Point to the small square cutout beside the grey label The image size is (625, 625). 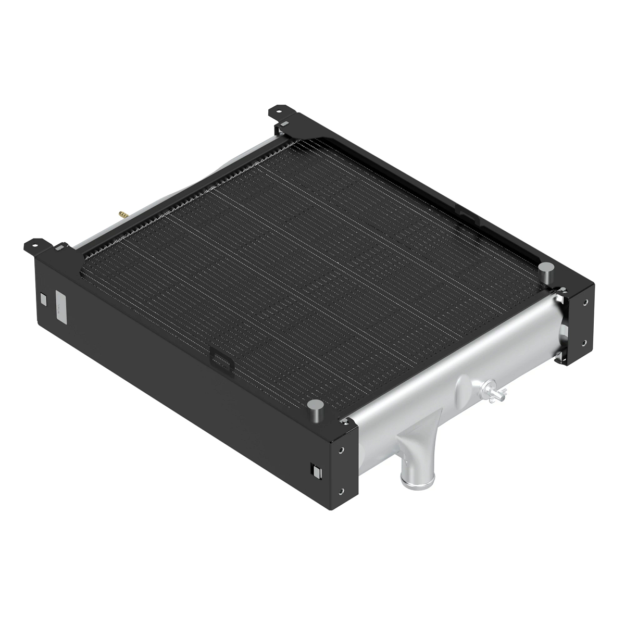(43, 299)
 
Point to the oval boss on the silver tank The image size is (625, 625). (462, 388)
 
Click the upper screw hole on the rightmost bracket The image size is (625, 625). (586, 302)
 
